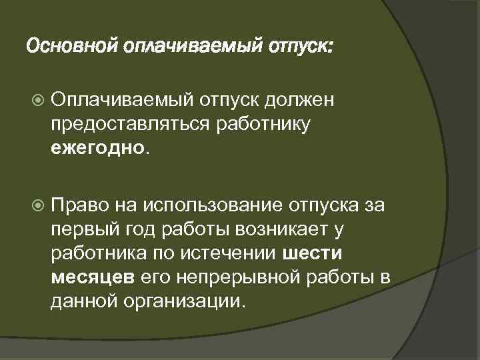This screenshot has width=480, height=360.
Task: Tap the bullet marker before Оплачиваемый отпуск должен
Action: [38, 101]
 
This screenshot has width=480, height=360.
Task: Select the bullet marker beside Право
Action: [38, 203]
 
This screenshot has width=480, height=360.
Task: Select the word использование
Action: [211, 203]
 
